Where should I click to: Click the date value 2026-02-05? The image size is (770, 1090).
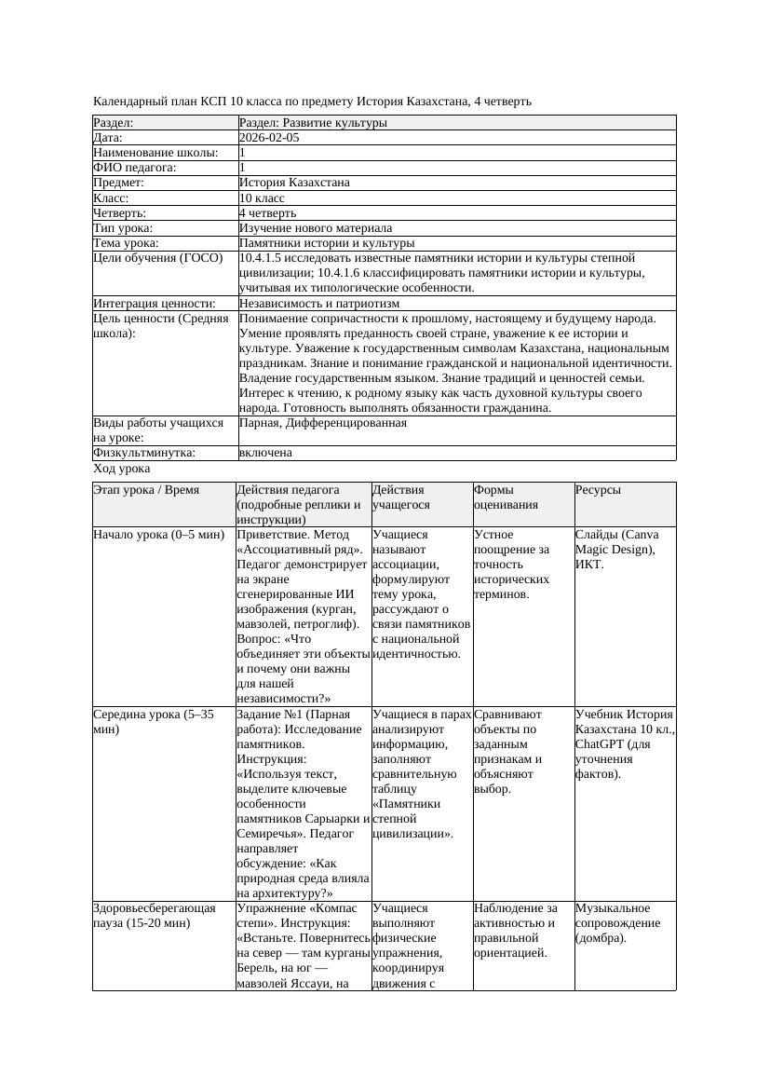269,138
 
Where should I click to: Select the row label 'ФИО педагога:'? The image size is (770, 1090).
135,168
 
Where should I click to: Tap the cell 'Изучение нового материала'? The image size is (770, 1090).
316,228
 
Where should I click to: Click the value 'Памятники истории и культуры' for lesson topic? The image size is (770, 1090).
327,243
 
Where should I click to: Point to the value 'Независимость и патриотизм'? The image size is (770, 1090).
319,304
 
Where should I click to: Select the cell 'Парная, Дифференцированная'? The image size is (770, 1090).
323,423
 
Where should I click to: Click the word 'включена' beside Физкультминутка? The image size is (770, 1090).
265,453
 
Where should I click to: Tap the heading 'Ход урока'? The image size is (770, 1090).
121,470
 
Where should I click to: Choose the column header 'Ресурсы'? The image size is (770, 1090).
598,490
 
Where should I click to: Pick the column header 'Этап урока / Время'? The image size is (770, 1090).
146,490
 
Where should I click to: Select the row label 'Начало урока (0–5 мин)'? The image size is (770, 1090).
159,536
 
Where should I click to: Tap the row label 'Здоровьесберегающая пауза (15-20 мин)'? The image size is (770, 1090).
155,916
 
